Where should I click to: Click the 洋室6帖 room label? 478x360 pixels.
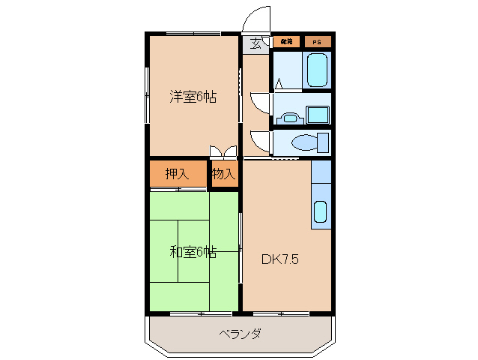point(193,97)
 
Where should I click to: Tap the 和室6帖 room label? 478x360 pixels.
point(193,252)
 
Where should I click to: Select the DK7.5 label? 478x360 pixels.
point(280,260)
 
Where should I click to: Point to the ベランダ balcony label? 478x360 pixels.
point(240,334)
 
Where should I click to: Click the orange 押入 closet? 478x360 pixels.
point(177,175)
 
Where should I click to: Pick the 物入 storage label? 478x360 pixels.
point(223,175)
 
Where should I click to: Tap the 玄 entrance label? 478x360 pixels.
point(256,43)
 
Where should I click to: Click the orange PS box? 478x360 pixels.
point(317,42)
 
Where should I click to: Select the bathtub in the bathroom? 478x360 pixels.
point(318,70)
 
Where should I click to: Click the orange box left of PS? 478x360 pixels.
point(286,42)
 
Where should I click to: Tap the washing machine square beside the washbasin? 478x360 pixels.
point(319,115)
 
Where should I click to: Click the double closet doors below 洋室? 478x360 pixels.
point(223,152)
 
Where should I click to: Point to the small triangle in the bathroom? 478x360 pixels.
point(278,83)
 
